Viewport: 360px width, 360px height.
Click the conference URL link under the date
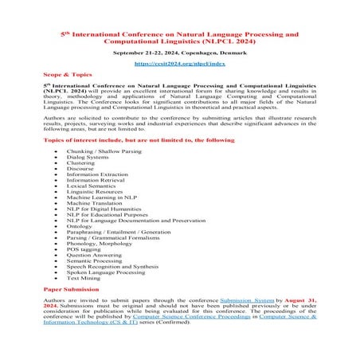(179, 62)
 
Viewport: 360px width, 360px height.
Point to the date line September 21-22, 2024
(179, 52)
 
